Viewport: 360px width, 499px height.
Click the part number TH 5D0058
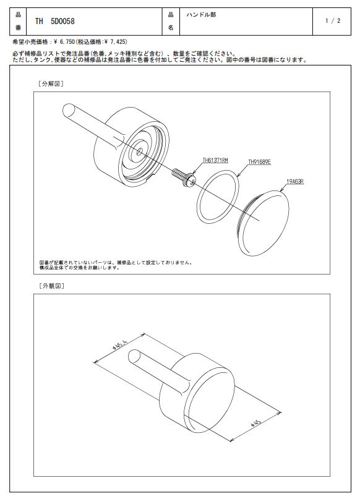(55, 21)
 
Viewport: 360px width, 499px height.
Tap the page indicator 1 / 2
(333, 21)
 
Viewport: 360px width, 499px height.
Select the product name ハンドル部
(201, 15)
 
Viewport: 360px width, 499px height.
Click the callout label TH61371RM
(215, 161)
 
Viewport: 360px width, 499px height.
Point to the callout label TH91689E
(259, 162)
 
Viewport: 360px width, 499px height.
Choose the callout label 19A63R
(295, 182)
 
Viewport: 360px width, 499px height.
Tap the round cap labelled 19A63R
(264, 223)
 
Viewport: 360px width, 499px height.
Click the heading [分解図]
(51, 83)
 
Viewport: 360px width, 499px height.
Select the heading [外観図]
(51, 286)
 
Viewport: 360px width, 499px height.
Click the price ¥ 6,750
(64, 41)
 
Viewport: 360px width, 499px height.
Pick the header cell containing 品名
(171, 21)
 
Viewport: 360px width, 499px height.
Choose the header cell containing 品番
(18, 21)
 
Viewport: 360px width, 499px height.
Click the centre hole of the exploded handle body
(139, 151)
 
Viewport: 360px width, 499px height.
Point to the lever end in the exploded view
(69, 110)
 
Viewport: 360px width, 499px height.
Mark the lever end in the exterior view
(134, 356)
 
